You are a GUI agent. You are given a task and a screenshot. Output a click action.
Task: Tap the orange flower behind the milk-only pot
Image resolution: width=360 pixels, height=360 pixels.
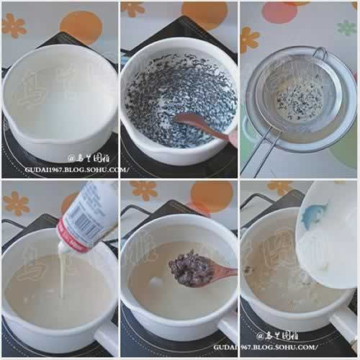[x=14, y=26]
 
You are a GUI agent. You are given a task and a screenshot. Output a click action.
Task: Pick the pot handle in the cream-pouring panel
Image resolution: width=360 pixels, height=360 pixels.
[x=107, y=338]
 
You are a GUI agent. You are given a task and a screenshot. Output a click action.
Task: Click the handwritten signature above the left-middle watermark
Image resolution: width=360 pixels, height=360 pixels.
[x=91, y=158]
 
